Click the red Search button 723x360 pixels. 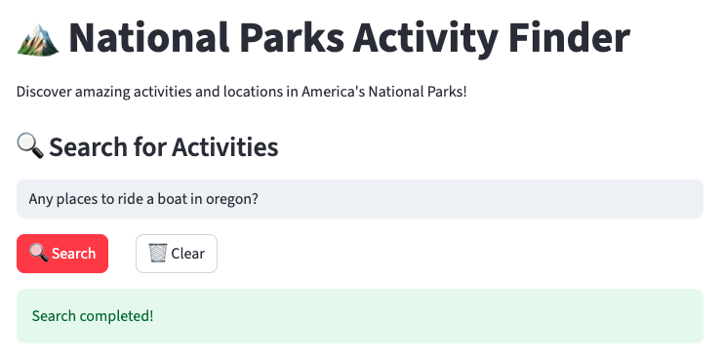(x=62, y=254)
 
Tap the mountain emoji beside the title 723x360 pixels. (x=38, y=40)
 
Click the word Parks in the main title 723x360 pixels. (x=292, y=38)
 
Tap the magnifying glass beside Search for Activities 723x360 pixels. (x=30, y=146)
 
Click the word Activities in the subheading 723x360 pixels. (x=225, y=147)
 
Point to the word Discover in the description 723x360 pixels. (x=44, y=92)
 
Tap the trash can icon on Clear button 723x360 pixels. (x=158, y=254)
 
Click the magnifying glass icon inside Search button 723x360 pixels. (x=39, y=253)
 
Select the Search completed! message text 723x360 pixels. (x=93, y=316)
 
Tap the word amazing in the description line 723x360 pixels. (x=102, y=93)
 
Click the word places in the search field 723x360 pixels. (x=73, y=200)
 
